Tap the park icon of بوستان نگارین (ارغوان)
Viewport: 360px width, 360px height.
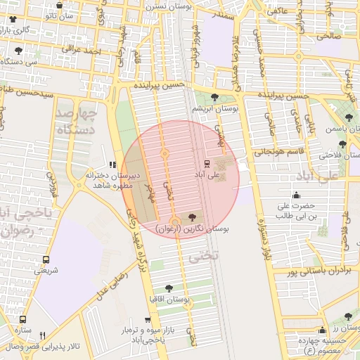point(193,218)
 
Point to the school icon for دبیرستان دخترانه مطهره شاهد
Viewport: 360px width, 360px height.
point(113,164)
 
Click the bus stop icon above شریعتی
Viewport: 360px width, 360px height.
point(46,259)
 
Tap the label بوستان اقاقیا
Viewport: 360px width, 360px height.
point(168,299)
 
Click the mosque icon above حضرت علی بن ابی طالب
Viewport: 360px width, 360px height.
point(296,195)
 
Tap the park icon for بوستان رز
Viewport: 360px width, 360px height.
point(348,317)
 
